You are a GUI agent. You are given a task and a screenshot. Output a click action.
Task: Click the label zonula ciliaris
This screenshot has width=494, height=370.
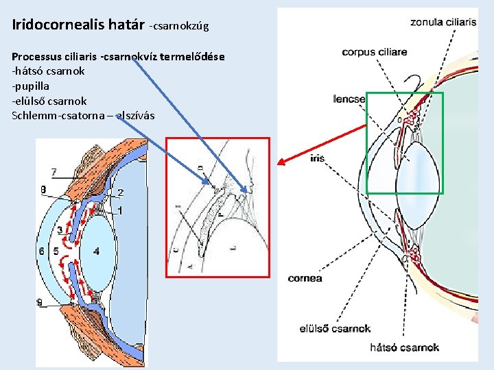[443, 22]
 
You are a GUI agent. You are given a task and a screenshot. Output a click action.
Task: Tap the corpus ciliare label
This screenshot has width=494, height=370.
[374, 52]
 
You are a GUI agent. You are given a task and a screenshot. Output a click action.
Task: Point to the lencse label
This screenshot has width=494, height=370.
[349, 99]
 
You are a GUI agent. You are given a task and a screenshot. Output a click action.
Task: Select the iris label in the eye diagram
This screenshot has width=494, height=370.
[317, 158]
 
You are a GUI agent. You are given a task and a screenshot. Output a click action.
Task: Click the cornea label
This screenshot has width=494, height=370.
[305, 278]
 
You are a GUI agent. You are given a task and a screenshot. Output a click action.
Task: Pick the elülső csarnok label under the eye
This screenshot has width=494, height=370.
[335, 329]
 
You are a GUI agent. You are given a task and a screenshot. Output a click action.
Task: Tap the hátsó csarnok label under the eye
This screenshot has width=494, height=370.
[405, 347]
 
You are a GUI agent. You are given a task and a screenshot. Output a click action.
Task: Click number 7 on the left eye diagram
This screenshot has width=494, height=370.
[54, 172]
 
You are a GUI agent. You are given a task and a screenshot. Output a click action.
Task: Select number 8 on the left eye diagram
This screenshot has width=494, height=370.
[43, 189]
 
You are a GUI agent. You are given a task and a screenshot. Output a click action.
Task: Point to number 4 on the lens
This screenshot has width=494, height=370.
[96, 251]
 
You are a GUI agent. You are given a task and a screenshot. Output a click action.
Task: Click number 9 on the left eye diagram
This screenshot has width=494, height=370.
[40, 303]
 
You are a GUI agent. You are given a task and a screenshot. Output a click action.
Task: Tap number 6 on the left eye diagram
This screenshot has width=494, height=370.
[43, 251]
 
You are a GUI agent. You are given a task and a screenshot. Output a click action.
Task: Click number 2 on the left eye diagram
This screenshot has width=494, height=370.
[120, 193]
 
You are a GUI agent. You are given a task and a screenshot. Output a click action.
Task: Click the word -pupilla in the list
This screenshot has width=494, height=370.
[31, 85]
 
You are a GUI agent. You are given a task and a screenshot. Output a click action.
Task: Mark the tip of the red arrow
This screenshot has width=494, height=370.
[277, 164]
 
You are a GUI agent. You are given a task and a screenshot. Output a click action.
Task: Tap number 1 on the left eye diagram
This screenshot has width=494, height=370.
[120, 211]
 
